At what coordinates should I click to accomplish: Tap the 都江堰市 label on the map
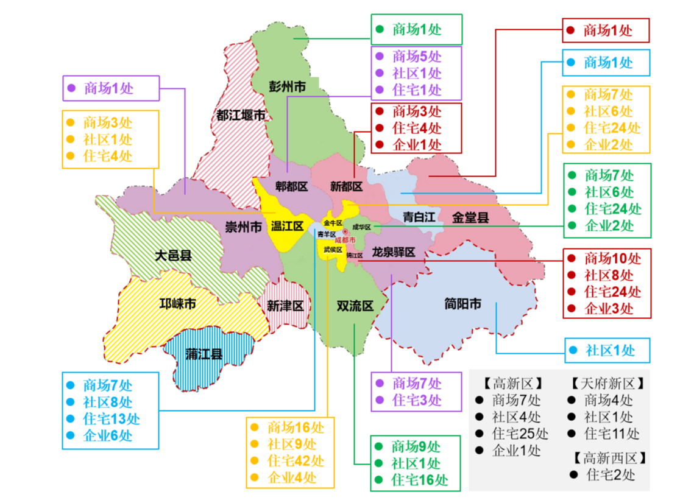(241, 114)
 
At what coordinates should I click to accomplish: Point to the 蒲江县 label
(204, 354)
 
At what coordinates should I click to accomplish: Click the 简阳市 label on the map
(463, 303)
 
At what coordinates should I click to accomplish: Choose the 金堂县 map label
(471, 217)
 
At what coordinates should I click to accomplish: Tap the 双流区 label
(355, 306)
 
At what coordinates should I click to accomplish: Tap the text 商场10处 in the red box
(612, 258)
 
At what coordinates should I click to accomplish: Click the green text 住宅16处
(419, 479)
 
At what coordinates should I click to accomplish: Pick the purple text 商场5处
(417, 56)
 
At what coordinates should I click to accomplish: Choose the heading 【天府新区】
(607, 384)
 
